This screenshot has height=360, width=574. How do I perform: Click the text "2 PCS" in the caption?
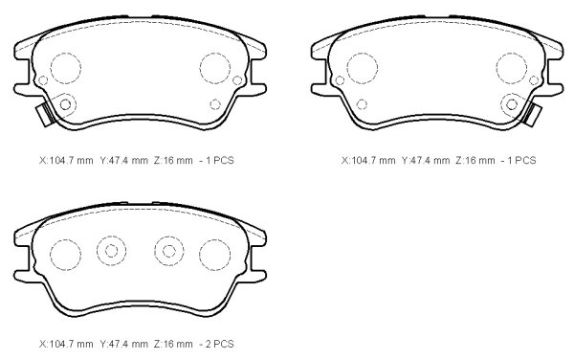click(220, 344)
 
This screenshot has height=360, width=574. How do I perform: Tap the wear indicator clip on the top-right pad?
click(532, 114)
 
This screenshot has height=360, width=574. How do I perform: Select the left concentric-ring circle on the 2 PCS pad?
click(111, 251)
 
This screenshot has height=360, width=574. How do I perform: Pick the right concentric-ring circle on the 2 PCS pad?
click(168, 251)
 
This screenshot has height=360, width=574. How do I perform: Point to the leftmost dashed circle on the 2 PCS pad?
click(65, 255)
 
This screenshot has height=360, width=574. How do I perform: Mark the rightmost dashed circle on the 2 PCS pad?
click(215, 255)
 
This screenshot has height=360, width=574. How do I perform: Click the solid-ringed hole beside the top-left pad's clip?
click(65, 104)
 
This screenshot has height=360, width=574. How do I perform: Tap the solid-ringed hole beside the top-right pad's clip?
click(512, 104)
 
